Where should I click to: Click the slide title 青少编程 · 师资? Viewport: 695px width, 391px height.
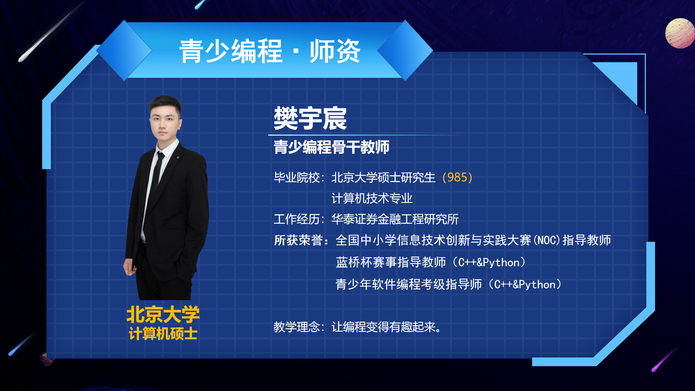point(270,51)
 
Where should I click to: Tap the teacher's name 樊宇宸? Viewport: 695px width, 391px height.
point(310,118)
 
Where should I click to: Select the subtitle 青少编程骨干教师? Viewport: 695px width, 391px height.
point(331,147)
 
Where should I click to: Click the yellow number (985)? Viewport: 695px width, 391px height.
point(457,177)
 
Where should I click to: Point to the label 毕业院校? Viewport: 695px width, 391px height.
point(297,177)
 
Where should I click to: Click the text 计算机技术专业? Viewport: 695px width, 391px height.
point(372,198)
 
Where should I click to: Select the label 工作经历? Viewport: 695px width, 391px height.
point(297,219)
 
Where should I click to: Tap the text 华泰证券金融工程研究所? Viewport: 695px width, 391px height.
point(395,219)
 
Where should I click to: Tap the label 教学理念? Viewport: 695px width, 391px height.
point(297,327)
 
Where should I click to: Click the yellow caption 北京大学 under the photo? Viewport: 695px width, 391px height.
point(163,314)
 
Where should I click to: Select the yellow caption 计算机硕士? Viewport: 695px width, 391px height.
point(163,333)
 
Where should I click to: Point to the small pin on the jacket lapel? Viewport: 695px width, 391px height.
point(178,157)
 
